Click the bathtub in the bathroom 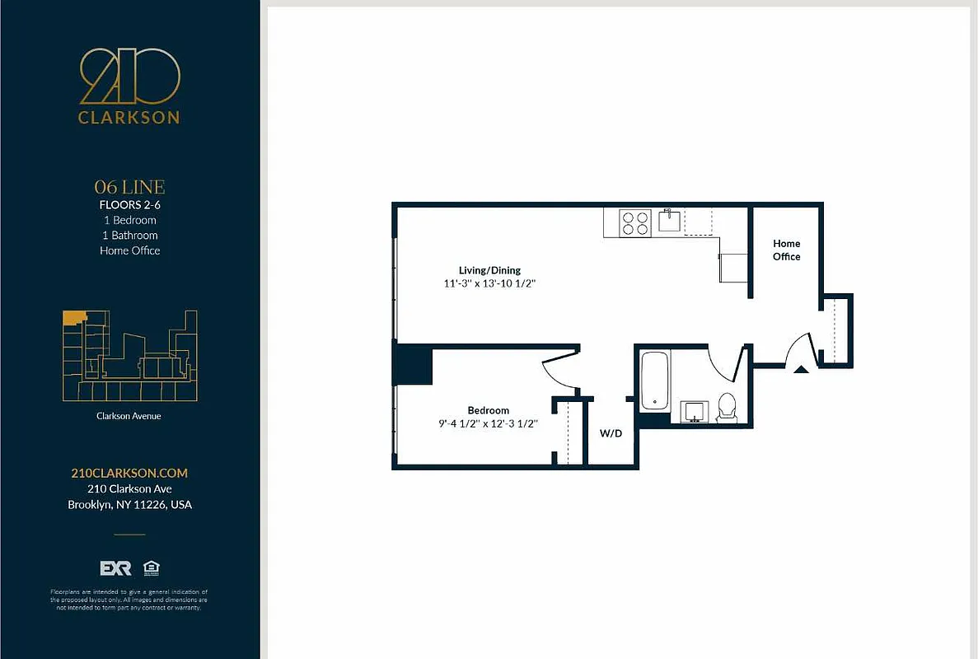coord(656,381)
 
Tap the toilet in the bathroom coord(727,408)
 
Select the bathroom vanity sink coord(695,410)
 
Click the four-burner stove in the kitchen coord(635,222)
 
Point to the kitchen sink coord(668,221)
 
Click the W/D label coord(611,433)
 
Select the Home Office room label coord(786,250)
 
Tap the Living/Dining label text coord(489,270)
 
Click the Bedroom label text coord(488,410)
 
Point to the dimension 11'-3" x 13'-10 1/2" coord(489,283)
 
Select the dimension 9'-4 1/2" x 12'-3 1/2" coord(488,423)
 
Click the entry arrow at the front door coord(800,369)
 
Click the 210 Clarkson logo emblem coord(129,77)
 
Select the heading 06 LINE coord(129,187)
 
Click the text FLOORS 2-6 coord(129,205)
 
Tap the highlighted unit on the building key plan coord(75,316)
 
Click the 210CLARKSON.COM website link coord(129,473)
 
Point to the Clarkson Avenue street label coord(129,416)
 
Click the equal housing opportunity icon coord(151,568)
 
